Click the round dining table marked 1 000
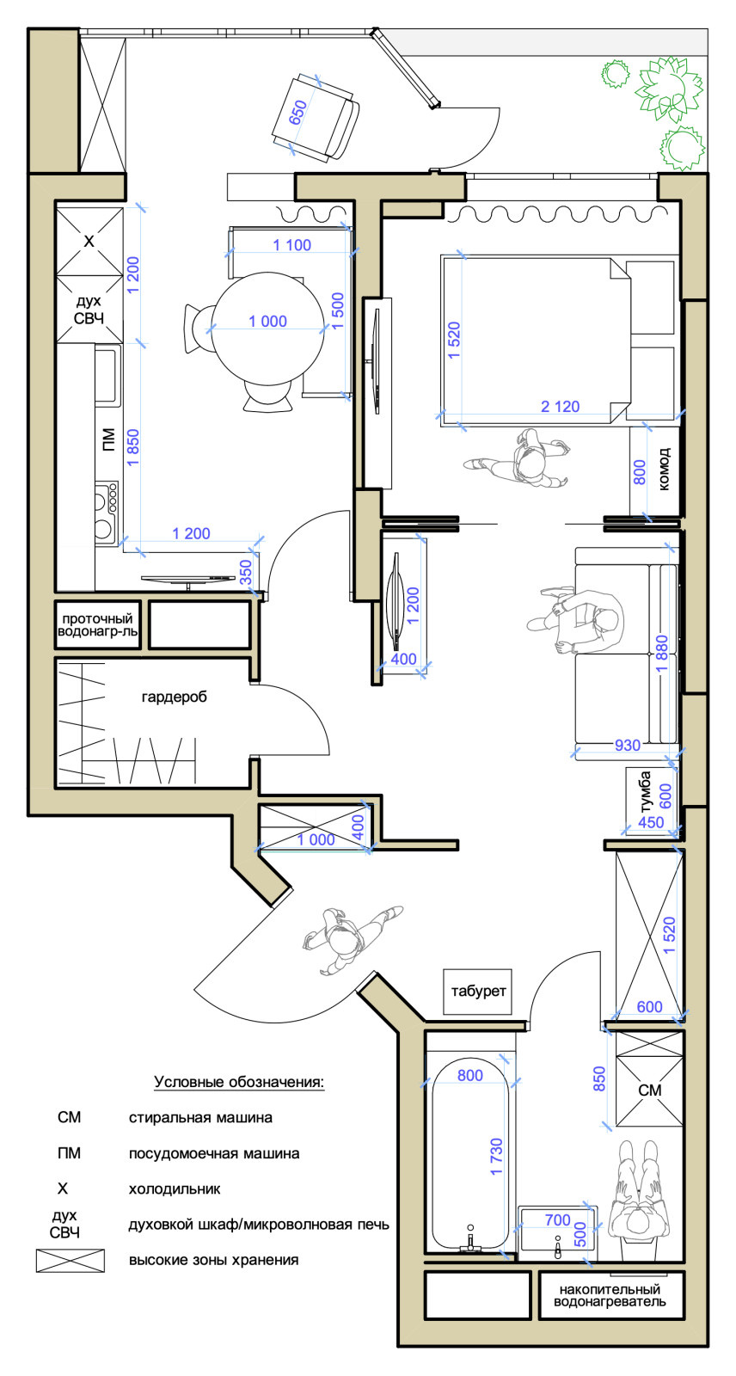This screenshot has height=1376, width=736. pos(268,329)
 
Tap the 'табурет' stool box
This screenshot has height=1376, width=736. pos(478,992)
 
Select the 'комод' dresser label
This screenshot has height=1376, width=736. pos(664,470)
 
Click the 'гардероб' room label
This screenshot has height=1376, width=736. pos(174,697)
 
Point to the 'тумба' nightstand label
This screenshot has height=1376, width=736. pos(645,792)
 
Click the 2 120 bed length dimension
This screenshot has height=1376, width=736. pos(561,407)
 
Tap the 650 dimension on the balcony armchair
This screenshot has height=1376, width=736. pos(298,113)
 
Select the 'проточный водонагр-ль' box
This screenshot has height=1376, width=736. pos(98,624)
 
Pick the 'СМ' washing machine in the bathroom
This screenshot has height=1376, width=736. pos(649,1090)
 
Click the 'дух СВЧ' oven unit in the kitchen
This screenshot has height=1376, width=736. pos(89,309)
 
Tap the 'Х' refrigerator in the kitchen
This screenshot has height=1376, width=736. pos(89,242)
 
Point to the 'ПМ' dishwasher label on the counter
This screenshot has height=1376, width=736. pos(108,439)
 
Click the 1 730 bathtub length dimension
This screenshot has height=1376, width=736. pos(496,1157)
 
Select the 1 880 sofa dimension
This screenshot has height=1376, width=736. pos(662,656)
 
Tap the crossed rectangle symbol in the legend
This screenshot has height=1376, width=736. pos(70,1261)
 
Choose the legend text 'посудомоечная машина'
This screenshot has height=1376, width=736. pos(214,1153)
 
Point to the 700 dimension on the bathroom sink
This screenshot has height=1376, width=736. pos(558,1220)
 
